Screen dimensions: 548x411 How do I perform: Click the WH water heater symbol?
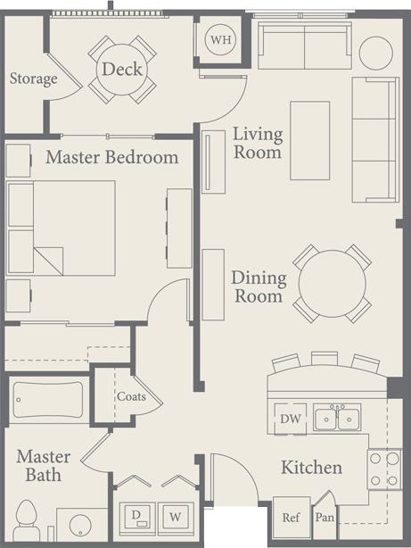click(x=219, y=39)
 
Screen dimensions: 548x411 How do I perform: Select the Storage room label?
click(x=33, y=79)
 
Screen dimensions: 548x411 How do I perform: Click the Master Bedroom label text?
click(x=111, y=158)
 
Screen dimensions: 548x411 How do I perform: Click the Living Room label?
click(x=258, y=143)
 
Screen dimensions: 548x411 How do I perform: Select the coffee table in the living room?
click(x=309, y=140)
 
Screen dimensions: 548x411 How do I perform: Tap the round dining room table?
click(x=333, y=284)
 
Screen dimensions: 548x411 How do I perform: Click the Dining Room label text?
click(x=257, y=286)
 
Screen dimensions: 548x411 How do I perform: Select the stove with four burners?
click(x=385, y=469)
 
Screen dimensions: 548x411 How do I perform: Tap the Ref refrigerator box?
click(x=291, y=517)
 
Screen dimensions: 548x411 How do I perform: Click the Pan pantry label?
click(x=325, y=518)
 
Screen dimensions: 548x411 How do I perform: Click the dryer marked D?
click(x=137, y=515)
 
